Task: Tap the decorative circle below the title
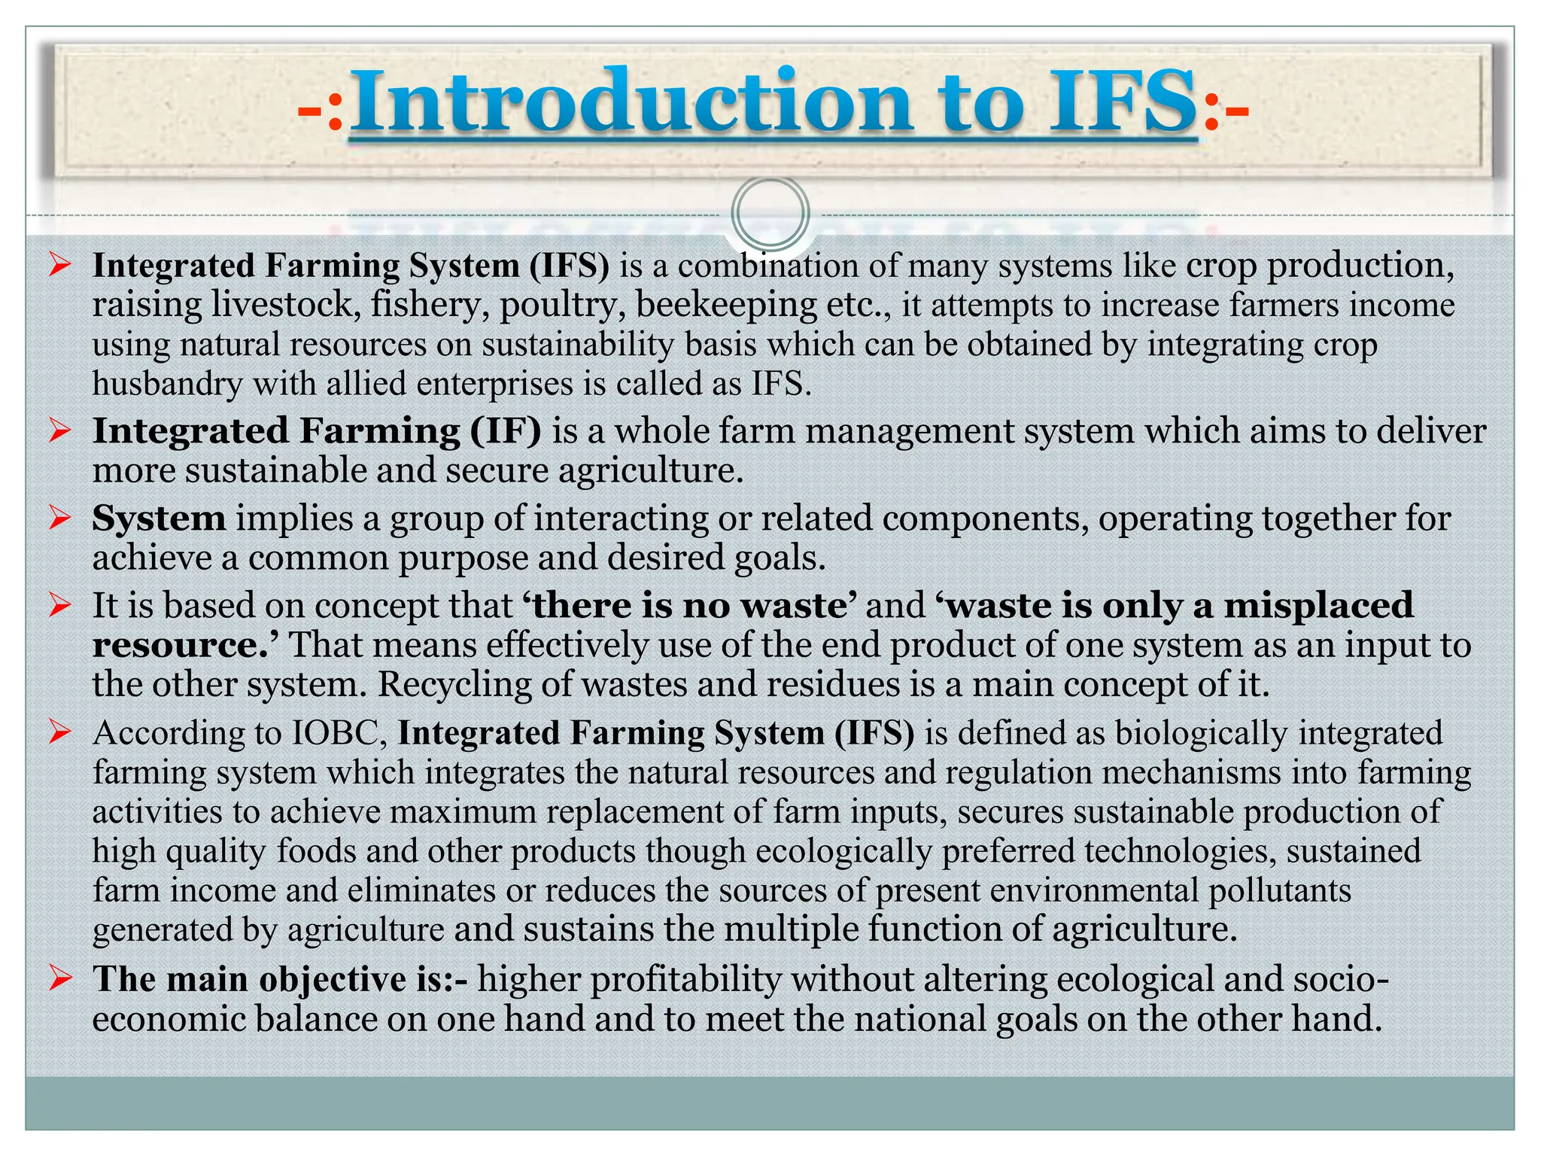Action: [x=770, y=213]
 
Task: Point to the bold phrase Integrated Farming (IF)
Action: [x=317, y=431]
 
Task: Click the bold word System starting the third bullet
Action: [x=159, y=519]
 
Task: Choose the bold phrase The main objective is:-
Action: [x=280, y=979]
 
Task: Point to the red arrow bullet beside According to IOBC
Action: [x=59, y=732]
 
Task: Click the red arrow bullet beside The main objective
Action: [x=59, y=978]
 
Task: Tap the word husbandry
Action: [x=167, y=384]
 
